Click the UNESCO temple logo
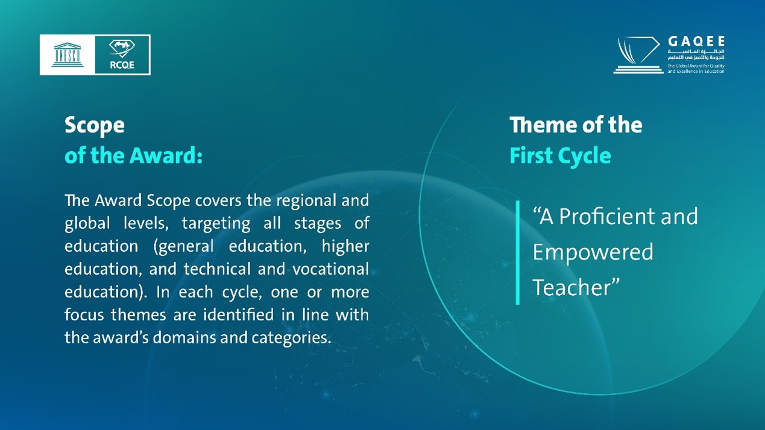coord(68,55)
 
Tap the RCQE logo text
coord(122,65)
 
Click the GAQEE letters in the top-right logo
coord(696,42)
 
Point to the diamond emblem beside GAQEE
coord(638,55)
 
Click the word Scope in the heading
coord(95,126)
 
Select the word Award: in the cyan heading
coord(166,155)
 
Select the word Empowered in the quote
coord(593,253)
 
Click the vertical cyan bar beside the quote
coord(518,252)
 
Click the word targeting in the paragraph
coord(216,224)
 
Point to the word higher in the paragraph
coord(345,246)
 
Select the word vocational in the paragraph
coord(330,269)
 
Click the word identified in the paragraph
coord(238,314)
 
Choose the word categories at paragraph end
coord(291,338)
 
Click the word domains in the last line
coord(184,337)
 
